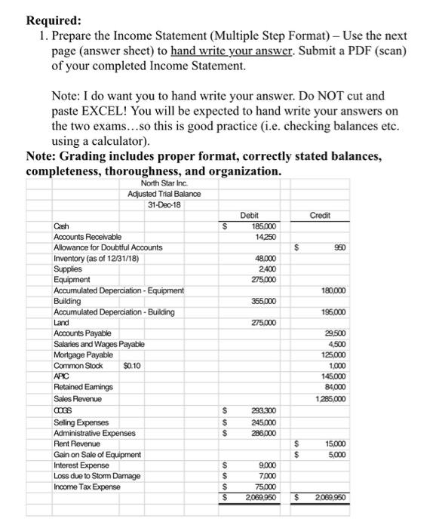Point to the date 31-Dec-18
click(x=164, y=204)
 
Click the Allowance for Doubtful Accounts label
click(x=107, y=247)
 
